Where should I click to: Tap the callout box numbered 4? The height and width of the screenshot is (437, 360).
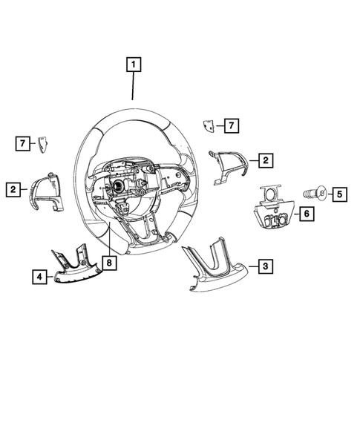pos(37,277)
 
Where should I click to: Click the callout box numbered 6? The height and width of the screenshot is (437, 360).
pos(306,214)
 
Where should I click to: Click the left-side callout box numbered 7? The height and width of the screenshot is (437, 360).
pos(24,142)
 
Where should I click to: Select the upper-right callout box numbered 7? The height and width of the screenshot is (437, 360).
pos(232,125)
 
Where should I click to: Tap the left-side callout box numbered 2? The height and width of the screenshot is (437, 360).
pos(14,190)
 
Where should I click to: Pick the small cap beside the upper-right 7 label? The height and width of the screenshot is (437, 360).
pos(211,126)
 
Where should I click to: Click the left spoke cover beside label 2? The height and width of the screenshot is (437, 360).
pos(47,193)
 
